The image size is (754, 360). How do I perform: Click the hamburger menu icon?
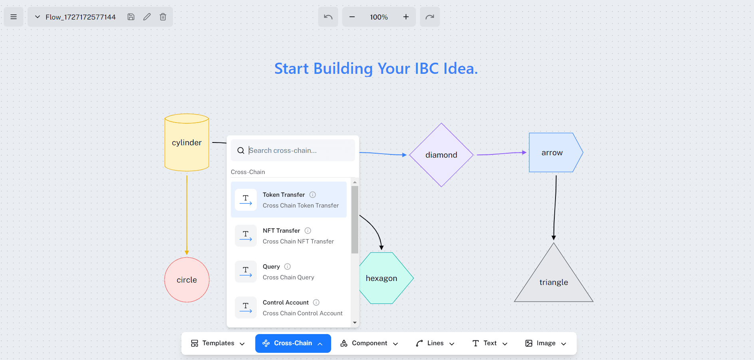[x=14, y=17]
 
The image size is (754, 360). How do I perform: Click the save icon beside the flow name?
[x=131, y=17]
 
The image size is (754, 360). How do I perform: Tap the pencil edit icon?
[x=147, y=17]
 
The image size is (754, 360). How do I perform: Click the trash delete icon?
[x=163, y=17]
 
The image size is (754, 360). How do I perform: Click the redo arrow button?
[x=430, y=17]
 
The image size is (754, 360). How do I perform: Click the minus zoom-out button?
[x=352, y=17]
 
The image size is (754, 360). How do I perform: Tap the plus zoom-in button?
[x=406, y=17]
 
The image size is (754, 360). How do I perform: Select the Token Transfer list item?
[x=289, y=200]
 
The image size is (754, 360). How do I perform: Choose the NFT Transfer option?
[x=289, y=235]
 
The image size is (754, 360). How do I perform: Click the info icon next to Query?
[x=288, y=267]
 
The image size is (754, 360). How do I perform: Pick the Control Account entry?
[x=289, y=307]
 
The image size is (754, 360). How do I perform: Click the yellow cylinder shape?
[x=187, y=142]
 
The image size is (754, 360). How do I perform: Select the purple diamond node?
[x=441, y=155]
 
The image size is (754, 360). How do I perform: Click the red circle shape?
[x=187, y=280]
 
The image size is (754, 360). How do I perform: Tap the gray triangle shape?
[x=554, y=279]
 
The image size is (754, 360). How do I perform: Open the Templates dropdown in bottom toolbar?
[x=218, y=343]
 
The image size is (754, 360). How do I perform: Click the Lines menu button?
[x=435, y=343]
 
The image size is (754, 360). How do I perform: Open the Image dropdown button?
[x=546, y=343]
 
